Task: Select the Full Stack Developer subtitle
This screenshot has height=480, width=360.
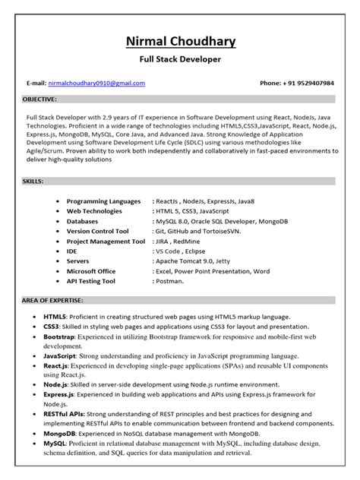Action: [180, 58]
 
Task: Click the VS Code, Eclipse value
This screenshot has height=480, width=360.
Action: [179, 251]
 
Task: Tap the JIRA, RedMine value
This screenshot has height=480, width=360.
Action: [181, 241]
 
